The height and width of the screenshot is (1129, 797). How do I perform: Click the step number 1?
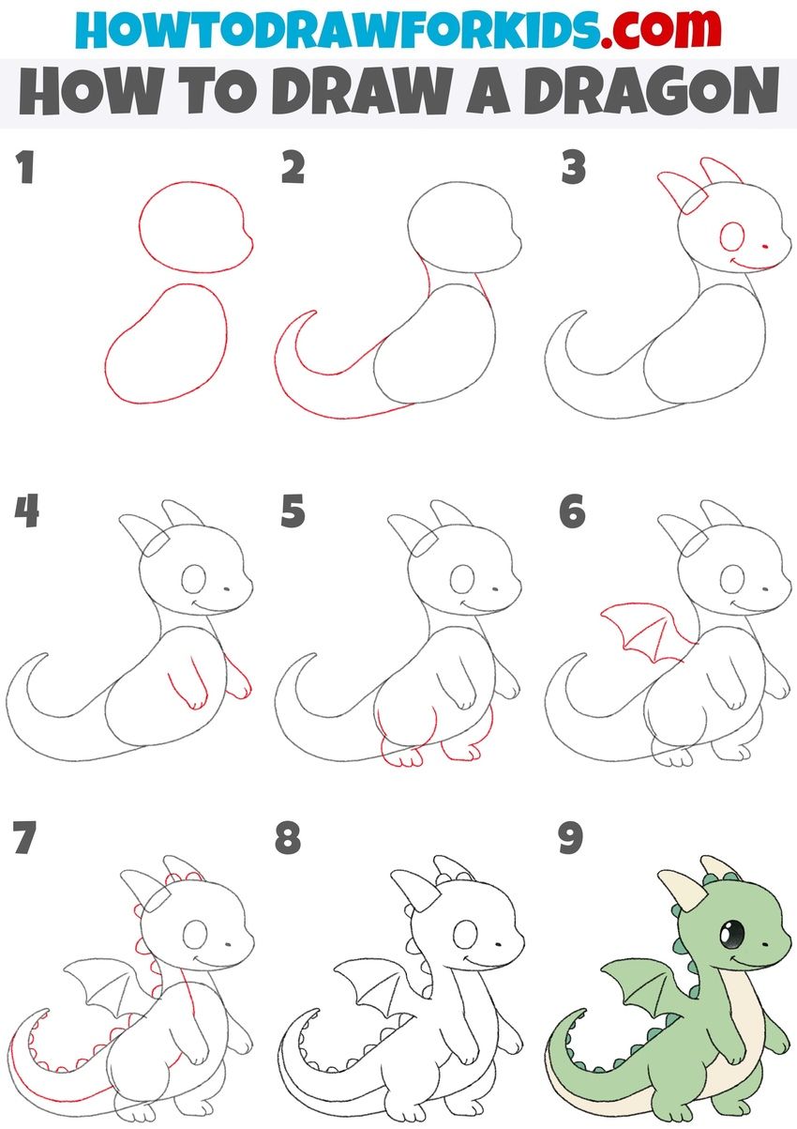pos(24,169)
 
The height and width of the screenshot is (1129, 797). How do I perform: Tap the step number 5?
pos(293,512)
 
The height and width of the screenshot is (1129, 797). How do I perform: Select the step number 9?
pos(571,839)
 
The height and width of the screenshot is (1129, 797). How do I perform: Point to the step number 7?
pos(24,839)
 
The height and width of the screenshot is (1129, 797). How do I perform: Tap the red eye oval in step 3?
pos(731,238)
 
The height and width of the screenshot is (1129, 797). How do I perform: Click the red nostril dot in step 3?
pos(766,247)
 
